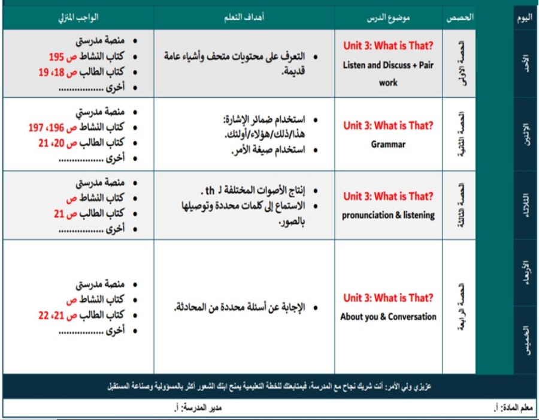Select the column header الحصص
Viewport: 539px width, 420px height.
(460, 18)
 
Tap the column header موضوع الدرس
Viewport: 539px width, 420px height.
(388, 18)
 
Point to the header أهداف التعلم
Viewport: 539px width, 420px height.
(244, 18)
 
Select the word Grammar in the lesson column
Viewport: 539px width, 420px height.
(388, 144)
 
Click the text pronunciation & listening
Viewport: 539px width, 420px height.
(388, 214)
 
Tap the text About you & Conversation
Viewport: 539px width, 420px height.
(388, 316)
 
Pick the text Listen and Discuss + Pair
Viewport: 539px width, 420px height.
(388, 64)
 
